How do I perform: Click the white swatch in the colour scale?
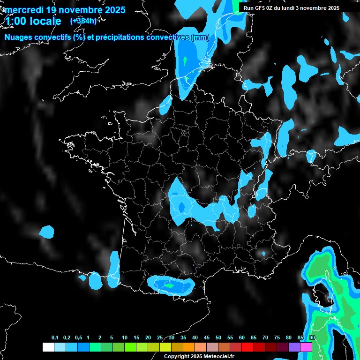pos(48,347)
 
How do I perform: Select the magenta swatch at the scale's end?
pos(306,347)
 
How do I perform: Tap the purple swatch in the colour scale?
pos(294,347)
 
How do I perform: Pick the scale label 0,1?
pos(55,338)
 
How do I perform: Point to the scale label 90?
pos(312,338)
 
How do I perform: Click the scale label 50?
pos(218,338)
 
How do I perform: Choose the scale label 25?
pos(160,338)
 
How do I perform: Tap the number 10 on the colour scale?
pos(125,338)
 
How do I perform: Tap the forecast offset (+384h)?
pos(83,21)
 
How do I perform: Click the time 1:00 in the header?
pos(16,22)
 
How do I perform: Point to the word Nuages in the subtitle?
pos(19,37)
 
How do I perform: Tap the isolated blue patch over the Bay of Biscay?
pos(47,231)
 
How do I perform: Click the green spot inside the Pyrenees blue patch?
pos(170,285)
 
